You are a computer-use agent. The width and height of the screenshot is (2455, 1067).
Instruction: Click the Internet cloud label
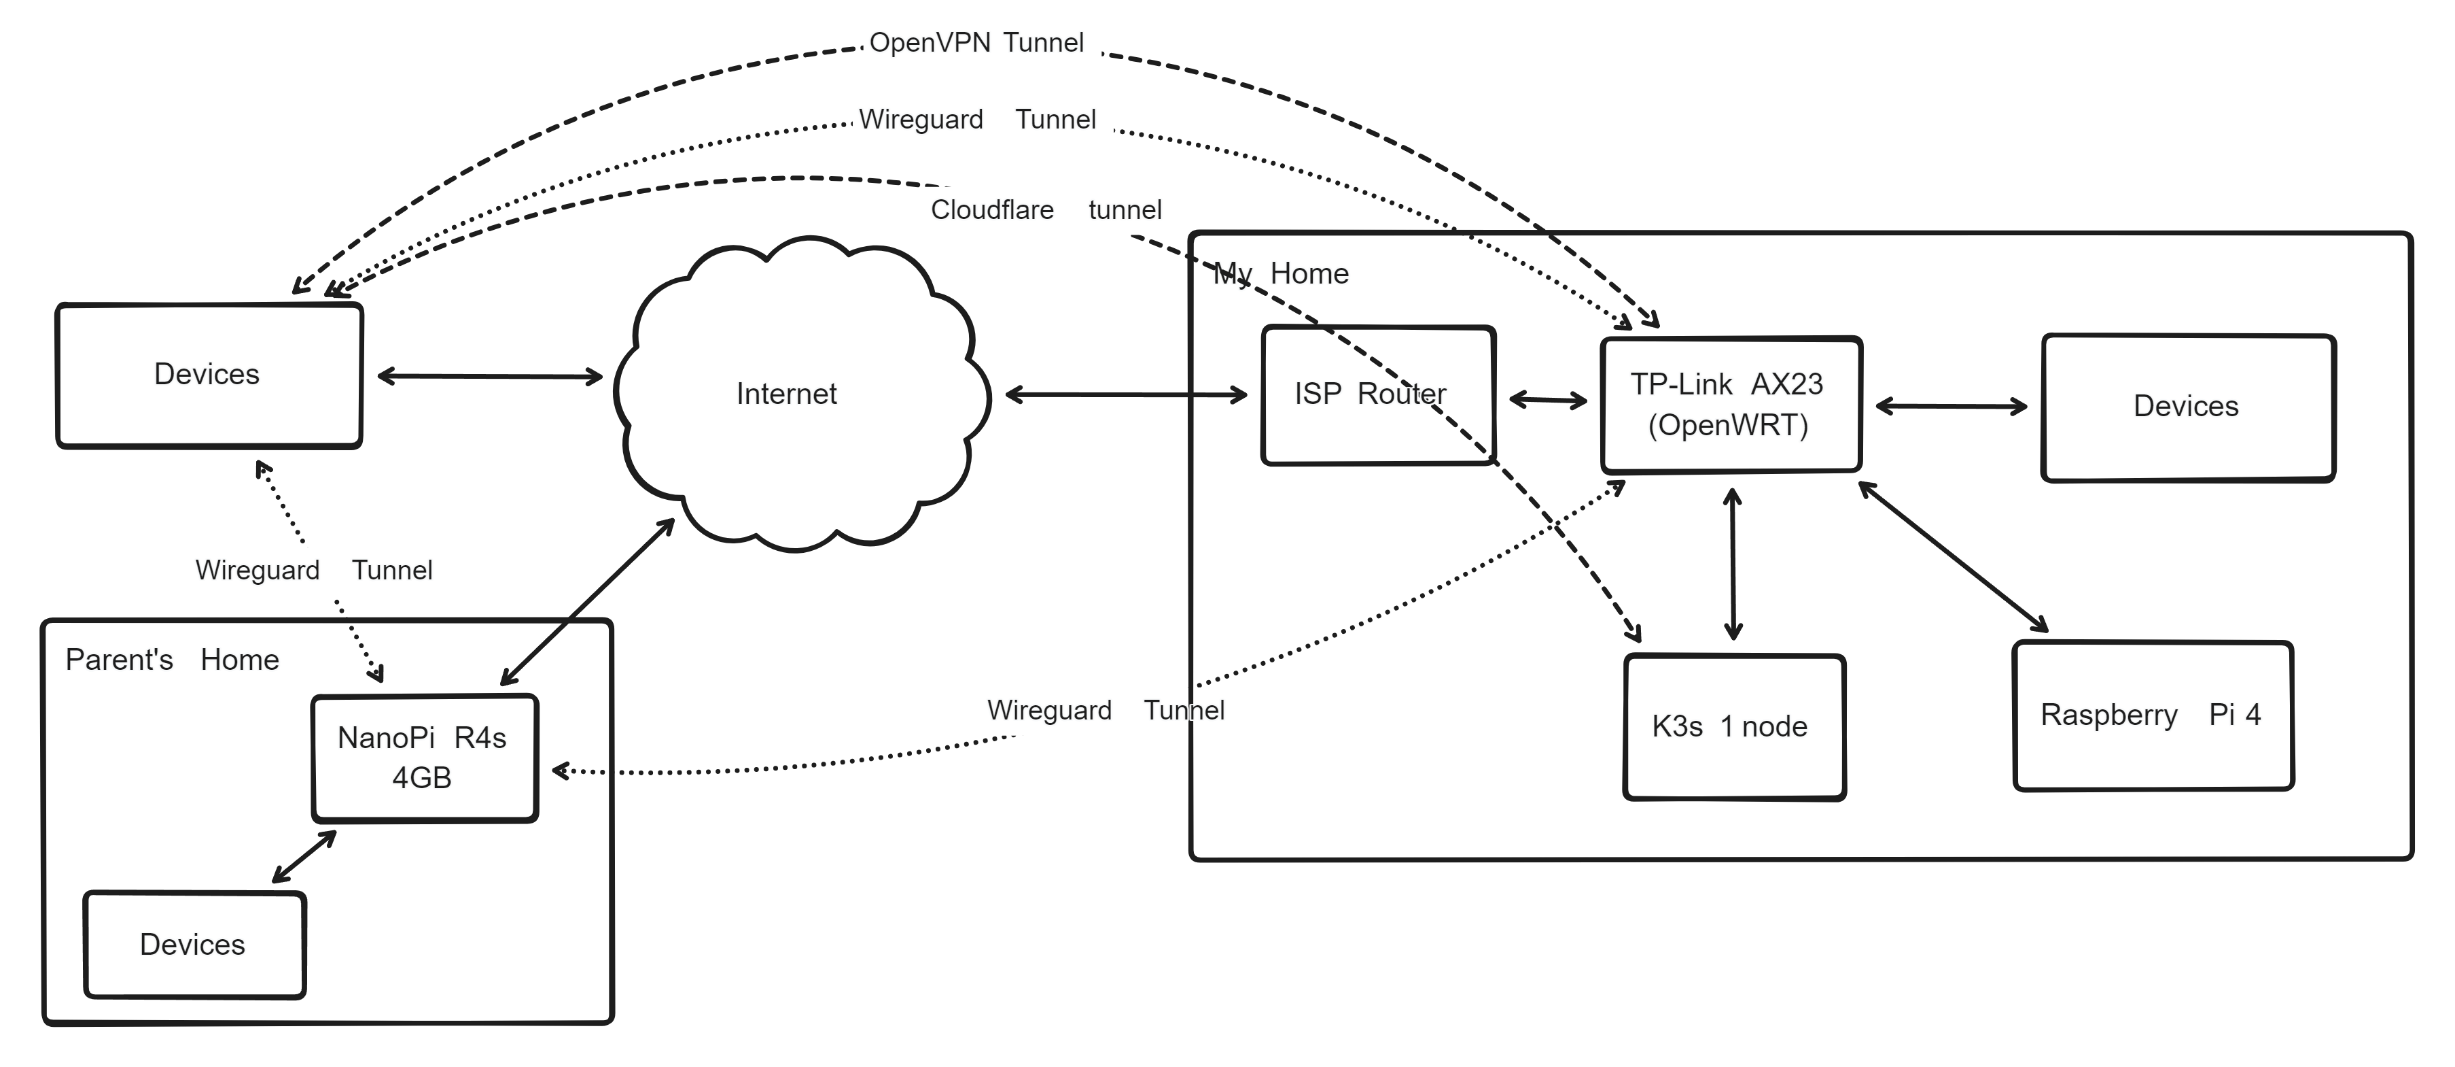tap(786, 394)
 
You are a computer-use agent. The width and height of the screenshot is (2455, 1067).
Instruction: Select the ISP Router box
tap(1377, 394)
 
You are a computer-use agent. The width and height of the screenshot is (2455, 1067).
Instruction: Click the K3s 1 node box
tap(1733, 726)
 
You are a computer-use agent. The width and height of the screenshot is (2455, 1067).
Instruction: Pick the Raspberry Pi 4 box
tap(2152, 715)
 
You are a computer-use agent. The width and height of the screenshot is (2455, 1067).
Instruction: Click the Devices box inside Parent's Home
tap(194, 944)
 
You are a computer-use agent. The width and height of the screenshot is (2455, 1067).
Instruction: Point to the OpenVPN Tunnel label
tap(976, 43)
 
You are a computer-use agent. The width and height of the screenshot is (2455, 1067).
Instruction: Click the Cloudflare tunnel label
tap(1046, 209)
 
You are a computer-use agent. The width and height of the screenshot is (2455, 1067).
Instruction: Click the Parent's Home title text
tap(171, 660)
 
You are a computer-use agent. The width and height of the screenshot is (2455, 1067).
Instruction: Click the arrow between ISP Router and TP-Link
tap(1549, 401)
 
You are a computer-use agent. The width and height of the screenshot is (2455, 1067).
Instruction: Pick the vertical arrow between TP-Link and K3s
tap(1733, 564)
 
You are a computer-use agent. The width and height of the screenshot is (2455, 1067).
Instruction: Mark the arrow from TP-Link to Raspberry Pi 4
tap(1954, 557)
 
